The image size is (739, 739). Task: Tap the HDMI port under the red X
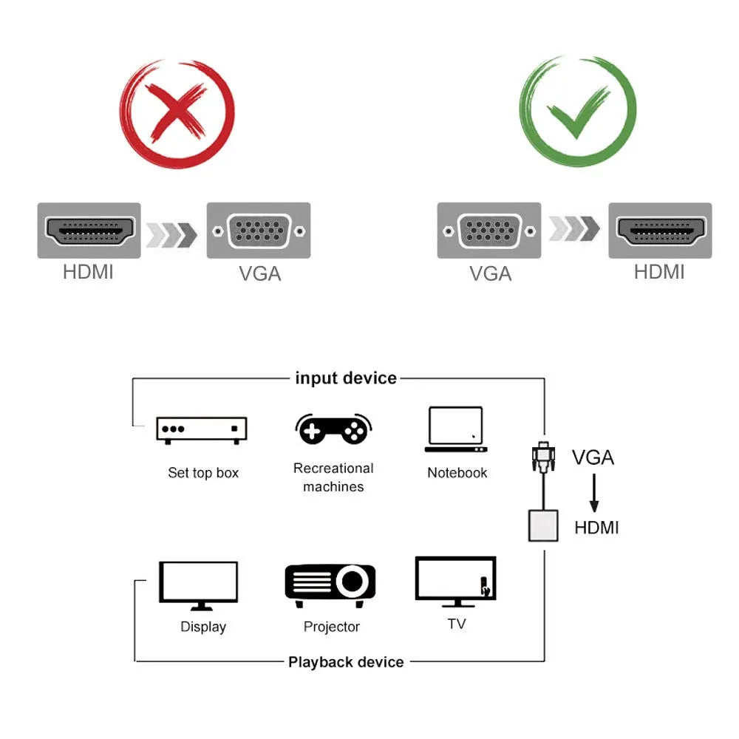point(89,231)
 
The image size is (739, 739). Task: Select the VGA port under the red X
point(258,231)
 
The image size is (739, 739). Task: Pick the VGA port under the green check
point(488,231)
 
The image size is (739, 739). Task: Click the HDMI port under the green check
point(659,231)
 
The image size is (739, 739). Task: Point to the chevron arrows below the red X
point(172,234)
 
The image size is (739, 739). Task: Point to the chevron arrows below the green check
point(573,229)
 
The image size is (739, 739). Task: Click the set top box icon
point(202,430)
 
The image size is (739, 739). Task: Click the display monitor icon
point(199,585)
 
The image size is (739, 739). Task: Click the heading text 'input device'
point(346,378)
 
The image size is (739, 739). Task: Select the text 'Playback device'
point(346,662)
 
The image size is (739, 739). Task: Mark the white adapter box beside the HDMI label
point(543,525)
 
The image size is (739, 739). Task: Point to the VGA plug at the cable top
point(543,458)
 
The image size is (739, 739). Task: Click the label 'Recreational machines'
point(333,477)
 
